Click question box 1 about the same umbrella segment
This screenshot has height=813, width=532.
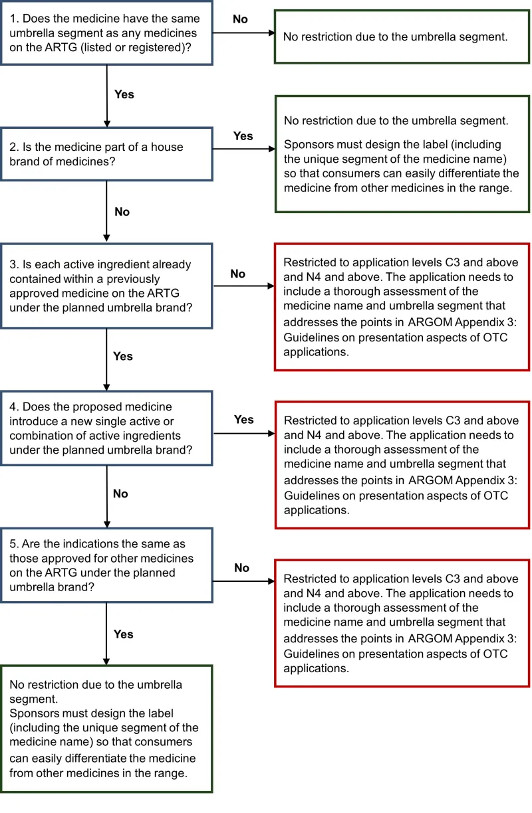tap(106, 32)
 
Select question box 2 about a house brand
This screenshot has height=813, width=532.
tap(106, 153)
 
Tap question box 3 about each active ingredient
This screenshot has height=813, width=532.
tap(106, 286)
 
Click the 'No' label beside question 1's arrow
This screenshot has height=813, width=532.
tap(241, 19)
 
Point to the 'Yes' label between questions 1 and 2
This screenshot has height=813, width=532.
tap(124, 94)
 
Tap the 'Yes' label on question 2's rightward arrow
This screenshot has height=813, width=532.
tap(243, 136)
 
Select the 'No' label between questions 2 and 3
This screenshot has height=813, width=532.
tap(122, 212)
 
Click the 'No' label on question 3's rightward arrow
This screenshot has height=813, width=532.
tap(238, 274)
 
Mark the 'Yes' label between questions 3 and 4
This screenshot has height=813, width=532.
tap(123, 356)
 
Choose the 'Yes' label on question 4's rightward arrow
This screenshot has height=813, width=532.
tap(244, 420)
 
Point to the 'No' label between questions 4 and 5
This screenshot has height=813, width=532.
tap(120, 494)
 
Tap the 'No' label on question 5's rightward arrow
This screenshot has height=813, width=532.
tap(242, 568)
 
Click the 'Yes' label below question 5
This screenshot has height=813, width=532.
tap(124, 634)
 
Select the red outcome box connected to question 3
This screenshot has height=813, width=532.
tap(402, 306)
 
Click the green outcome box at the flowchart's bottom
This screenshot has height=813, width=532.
tap(106, 729)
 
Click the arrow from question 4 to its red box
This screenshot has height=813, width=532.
tap(243, 434)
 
